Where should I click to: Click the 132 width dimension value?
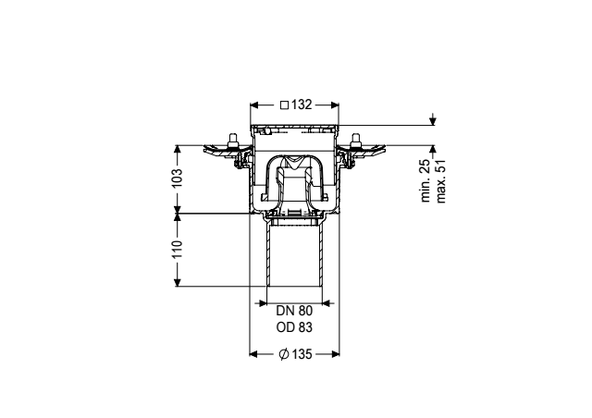(x=302, y=104)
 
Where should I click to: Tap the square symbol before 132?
(x=284, y=105)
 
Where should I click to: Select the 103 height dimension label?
(x=177, y=178)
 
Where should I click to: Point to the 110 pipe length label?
(x=177, y=249)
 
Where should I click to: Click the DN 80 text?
(x=294, y=311)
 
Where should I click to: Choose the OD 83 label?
(x=294, y=327)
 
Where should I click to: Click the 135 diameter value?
(x=302, y=354)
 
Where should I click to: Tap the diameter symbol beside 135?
(x=284, y=354)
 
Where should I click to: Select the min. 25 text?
(x=425, y=181)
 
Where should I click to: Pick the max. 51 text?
(x=440, y=181)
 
